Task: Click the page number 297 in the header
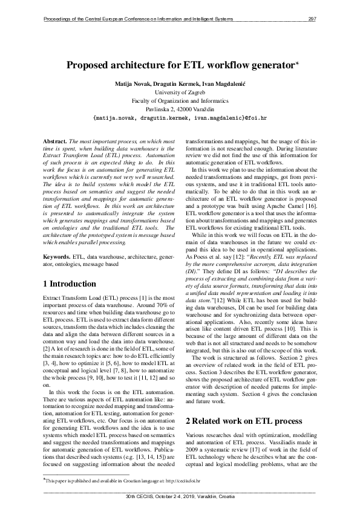312,19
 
